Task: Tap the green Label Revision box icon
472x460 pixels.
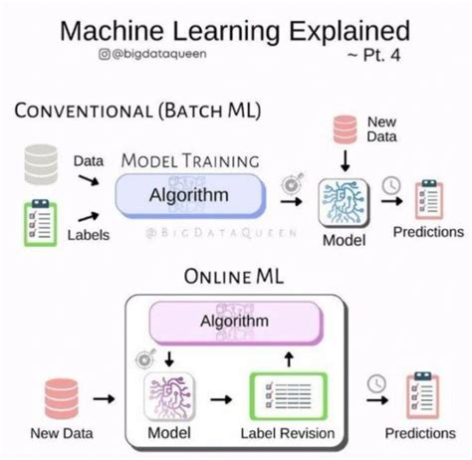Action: point(288,396)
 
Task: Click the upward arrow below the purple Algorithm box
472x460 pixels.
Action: point(290,356)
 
